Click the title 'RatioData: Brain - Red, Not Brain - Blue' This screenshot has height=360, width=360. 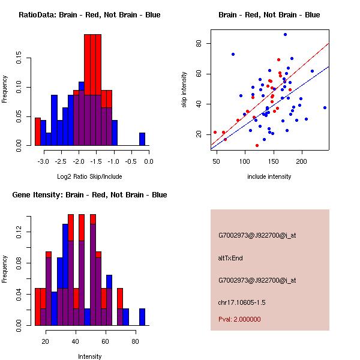[89, 15]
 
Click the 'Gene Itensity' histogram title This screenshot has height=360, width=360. [89, 195]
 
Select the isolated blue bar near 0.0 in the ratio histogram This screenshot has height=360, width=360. [142, 139]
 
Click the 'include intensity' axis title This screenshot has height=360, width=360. [269, 177]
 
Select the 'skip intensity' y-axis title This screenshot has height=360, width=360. [184, 90]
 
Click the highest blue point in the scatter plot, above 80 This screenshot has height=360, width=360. [285, 35]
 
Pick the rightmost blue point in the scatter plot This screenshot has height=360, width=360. [325, 108]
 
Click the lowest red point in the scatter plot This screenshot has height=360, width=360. [257, 145]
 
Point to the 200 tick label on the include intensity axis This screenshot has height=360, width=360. [301, 161]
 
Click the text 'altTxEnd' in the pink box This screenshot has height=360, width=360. [230, 258]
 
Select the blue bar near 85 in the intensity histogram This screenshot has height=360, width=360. [142, 317]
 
